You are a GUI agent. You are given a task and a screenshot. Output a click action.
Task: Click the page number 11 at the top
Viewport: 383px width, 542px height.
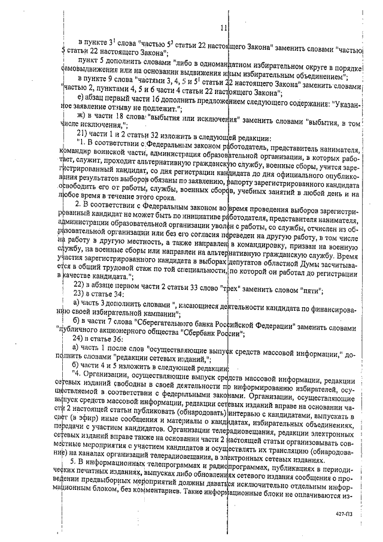click(223, 28)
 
